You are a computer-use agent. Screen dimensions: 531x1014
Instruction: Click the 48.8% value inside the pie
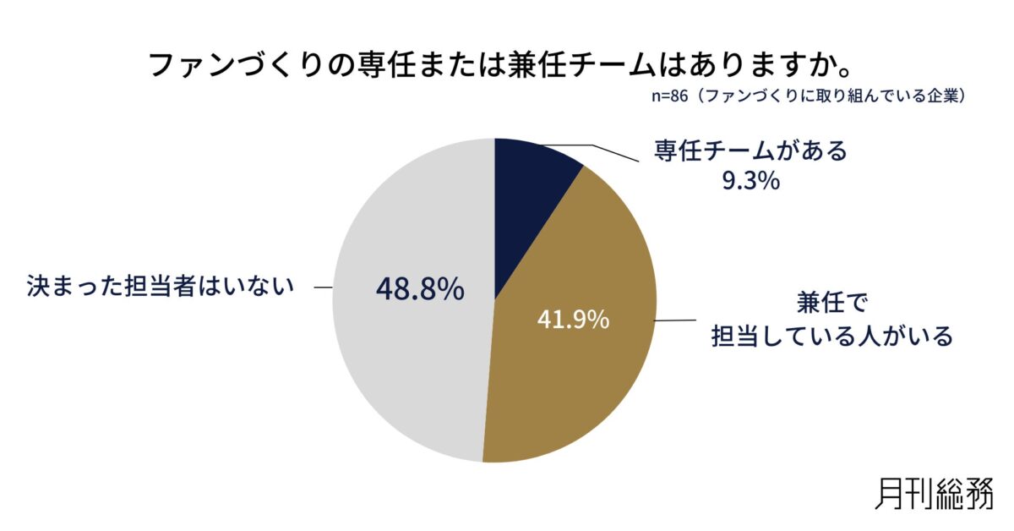(420, 289)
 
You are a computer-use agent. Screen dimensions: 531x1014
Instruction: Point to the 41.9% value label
(573, 320)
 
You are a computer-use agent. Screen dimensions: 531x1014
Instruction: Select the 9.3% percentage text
(750, 181)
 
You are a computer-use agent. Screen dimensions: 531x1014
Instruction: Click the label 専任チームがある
(750, 152)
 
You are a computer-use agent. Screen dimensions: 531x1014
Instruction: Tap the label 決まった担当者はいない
(160, 287)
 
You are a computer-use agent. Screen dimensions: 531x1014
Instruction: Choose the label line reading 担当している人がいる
(832, 336)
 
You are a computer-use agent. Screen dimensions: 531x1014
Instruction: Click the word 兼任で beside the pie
(832, 302)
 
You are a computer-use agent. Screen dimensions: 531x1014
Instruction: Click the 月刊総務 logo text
(934, 492)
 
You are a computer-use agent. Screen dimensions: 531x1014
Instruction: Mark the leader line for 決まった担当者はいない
(323, 288)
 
